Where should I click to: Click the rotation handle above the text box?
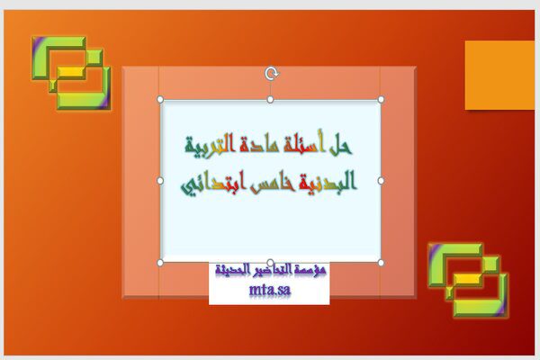(272, 74)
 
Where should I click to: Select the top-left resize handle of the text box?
(160, 100)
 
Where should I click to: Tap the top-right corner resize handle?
(381, 100)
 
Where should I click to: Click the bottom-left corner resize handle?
(160, 263)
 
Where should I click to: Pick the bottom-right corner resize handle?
(381, 263)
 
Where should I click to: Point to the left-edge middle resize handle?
(160, 181)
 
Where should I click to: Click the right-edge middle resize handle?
(381, 181)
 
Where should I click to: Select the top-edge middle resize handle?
(270, 100)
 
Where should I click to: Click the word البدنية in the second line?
(328, 182)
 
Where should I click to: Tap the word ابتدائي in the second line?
(213, 184)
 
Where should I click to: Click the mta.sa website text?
(270, 290)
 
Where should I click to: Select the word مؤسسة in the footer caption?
(312, 269)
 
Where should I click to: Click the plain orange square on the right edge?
(499, 75)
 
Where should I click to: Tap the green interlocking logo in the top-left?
(71, 73)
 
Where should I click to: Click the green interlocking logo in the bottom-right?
(468, 280)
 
